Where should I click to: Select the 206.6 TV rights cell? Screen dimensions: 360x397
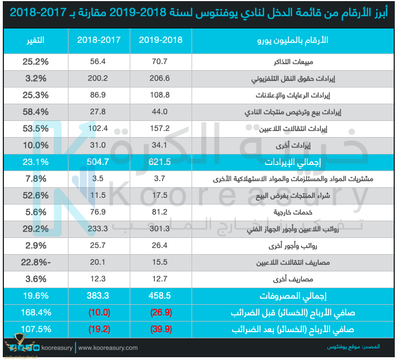pyautogui.click(x=160, y=78)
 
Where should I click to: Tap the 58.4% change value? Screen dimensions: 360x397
pyautogui.click(x=35, y=112)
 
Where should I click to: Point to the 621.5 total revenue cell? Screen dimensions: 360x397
pyautogui.click(x=160, y=162)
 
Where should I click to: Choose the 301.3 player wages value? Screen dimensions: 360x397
pyautogui.click(x=160, y=228)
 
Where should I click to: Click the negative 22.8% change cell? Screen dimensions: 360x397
pyautogui.click(x=35, y=262)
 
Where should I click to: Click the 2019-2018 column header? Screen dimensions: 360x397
pyautogui.click(x=160, y=41)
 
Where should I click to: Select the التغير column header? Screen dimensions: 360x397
pyautogui.click(x=35, y=41)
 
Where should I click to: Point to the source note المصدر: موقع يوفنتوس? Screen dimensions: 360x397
pyautogui.click(x=354, y=347)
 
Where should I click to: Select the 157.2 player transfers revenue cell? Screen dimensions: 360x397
pyautogui.click(x=160, y=129)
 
